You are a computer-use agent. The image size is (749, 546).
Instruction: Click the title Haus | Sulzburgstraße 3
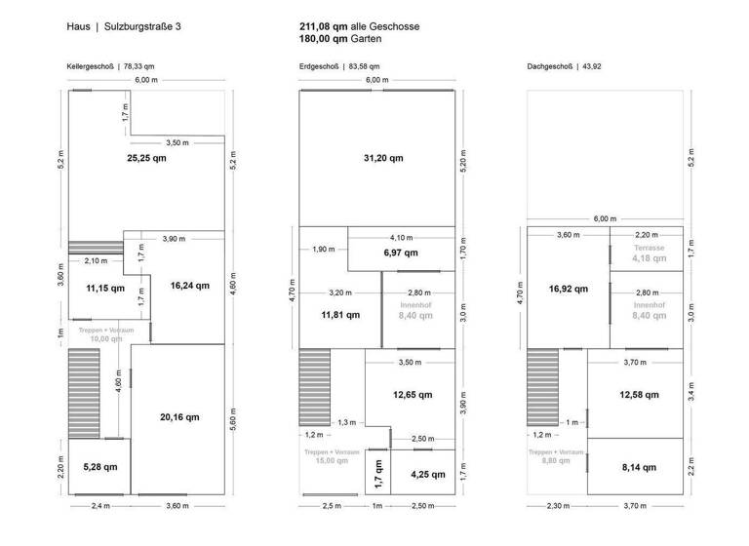(x=123, y=27)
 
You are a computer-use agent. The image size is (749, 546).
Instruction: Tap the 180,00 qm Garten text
(x=341, y=40)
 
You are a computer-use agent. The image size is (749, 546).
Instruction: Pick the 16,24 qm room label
(x=189, y=286)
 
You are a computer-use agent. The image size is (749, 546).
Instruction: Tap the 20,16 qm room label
(x=179, y=416)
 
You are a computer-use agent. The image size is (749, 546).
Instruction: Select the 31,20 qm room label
(x=383, y=158)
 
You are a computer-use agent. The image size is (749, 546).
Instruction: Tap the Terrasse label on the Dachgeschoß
(x=642, y=249)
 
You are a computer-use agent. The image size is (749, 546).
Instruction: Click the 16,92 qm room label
(x=568, y=289)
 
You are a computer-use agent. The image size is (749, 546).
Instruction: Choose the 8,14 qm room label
(x=640, y=467)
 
